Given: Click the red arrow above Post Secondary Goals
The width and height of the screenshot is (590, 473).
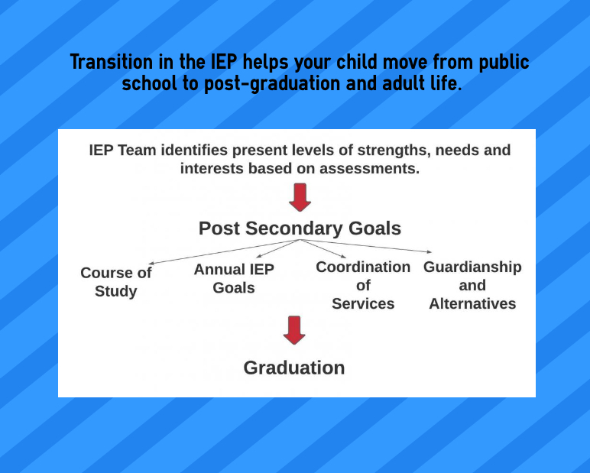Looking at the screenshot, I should pyautogui.click(x=300, y=196).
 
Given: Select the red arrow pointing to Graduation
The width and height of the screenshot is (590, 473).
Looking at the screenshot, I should pyautogui.click(x=294, y=329).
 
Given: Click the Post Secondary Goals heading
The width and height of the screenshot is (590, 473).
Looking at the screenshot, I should pyautogui.click(x=300, y=228).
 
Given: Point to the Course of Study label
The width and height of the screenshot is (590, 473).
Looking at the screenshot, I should pyautogui.click(x=116, y=282).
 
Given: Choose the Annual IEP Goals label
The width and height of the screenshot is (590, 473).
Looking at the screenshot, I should pyautogui.click(x=234, y=278).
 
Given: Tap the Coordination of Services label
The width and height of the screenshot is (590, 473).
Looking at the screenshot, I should pyautogui.click(x=363, y=285).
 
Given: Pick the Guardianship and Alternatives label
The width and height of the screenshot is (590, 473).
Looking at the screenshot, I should pyautogui.click(x=472, y=285).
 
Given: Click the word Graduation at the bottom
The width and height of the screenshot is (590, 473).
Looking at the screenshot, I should pyautogui.click(x=294, y=368).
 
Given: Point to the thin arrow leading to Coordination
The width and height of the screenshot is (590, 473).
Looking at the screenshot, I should pyautogui.click(x=324, y=248).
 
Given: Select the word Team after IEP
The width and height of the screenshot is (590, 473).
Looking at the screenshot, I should pyautogui.click(x=135, y=150).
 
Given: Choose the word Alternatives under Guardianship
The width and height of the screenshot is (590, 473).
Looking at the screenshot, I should pyautogui.click(x=472, y=303).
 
